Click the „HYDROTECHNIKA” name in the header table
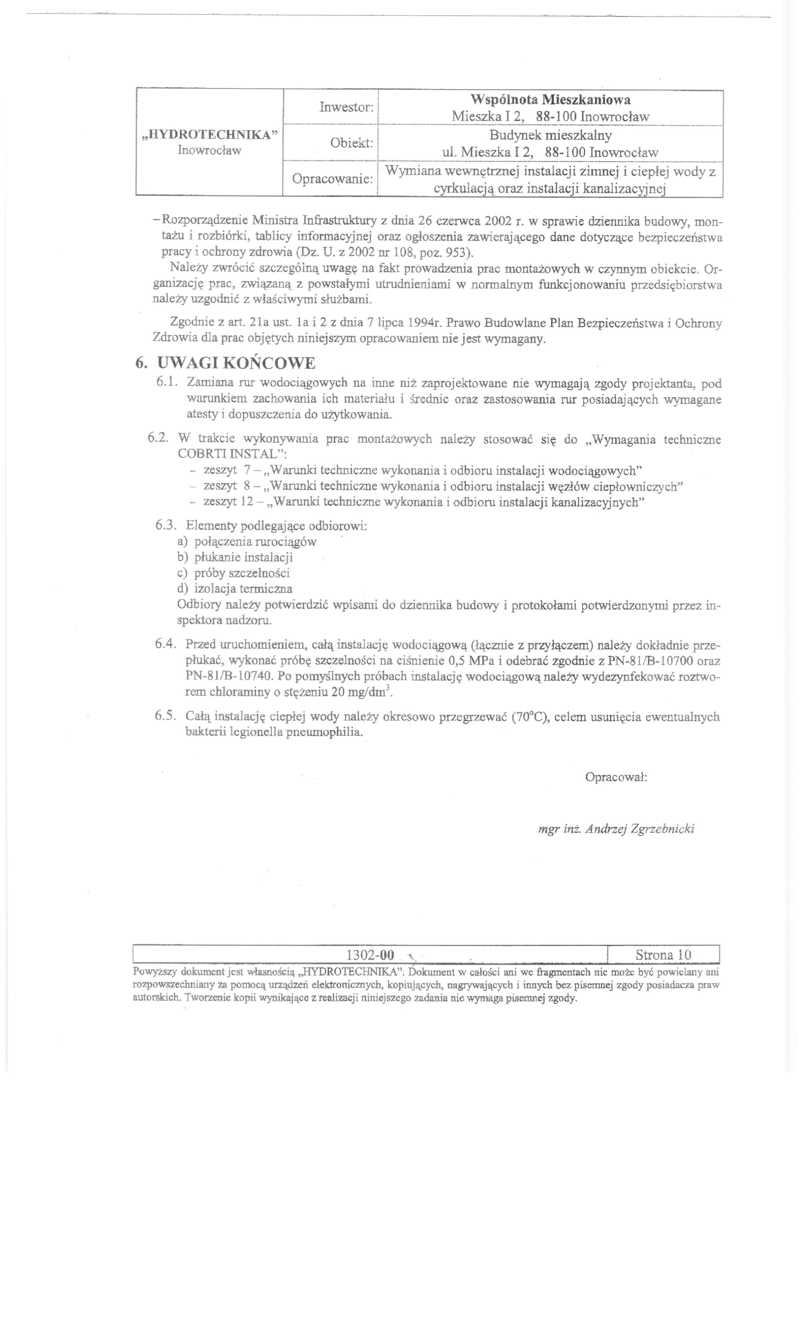210,135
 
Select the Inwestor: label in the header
346,107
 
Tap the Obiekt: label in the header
351,143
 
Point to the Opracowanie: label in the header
332,179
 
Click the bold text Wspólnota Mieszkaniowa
550,100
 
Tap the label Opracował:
616,777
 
